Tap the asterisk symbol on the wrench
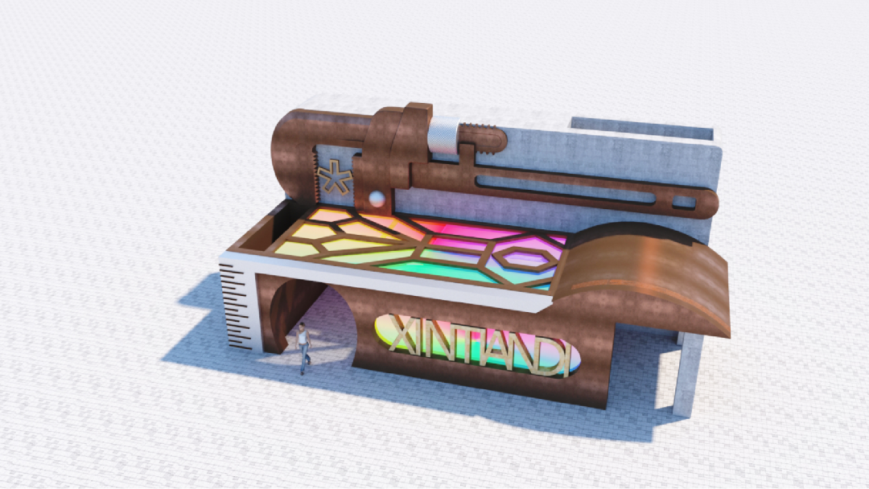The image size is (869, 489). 335,177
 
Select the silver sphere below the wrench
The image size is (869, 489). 377,199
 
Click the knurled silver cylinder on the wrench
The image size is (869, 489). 444,136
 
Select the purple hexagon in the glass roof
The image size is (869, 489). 525,257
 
